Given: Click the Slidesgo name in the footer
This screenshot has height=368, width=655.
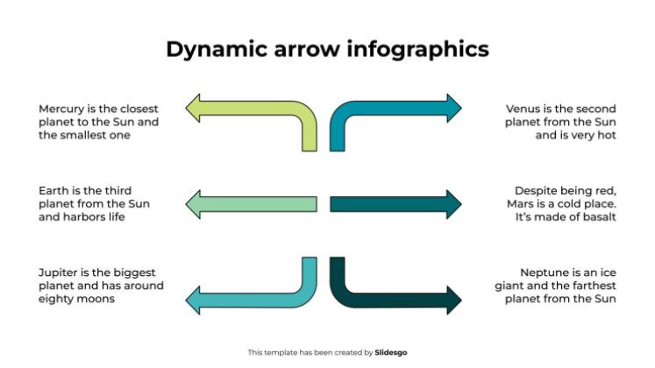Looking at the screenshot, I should (x=391, y=352).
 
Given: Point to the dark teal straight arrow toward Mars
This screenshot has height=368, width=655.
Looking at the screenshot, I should (x=395, y=203).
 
